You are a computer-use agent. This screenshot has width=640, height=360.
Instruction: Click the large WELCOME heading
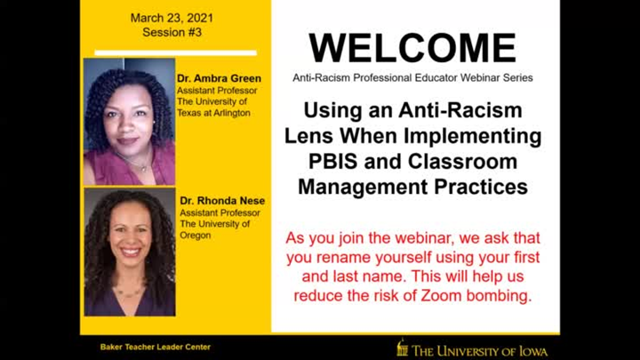click(412, 48)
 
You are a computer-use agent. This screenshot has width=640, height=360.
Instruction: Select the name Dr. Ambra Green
click(219, 78)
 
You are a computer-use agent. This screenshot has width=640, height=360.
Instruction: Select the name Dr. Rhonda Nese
click(222, 201)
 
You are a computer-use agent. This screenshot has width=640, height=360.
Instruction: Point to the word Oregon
click(196, 236)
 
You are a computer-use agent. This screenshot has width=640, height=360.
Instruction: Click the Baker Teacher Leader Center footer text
click(155, 347)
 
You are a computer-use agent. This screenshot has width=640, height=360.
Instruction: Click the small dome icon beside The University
click(402, 347)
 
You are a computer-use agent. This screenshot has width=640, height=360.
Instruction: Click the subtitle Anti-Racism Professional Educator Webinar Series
click(412, 77)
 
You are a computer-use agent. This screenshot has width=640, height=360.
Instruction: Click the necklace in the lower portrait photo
click(127, 292)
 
